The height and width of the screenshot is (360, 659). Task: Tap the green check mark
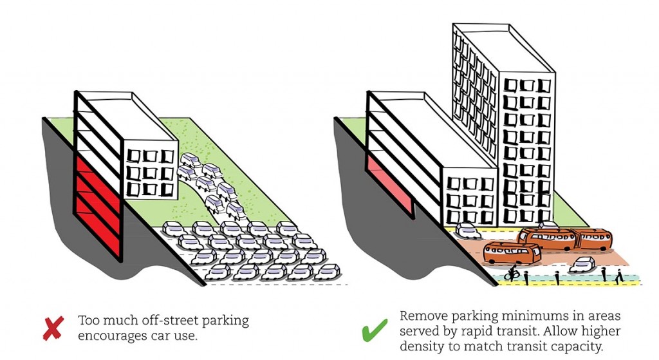(x=374, y=330)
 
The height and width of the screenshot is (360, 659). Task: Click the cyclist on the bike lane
(x=512, y=274)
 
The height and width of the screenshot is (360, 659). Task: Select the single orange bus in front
(x=512, y=252)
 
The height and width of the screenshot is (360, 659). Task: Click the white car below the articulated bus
(x=582, y=265)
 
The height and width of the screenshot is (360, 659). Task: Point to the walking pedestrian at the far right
(x=618, y=277)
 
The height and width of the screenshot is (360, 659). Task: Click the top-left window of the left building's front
(x=133, y=156)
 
